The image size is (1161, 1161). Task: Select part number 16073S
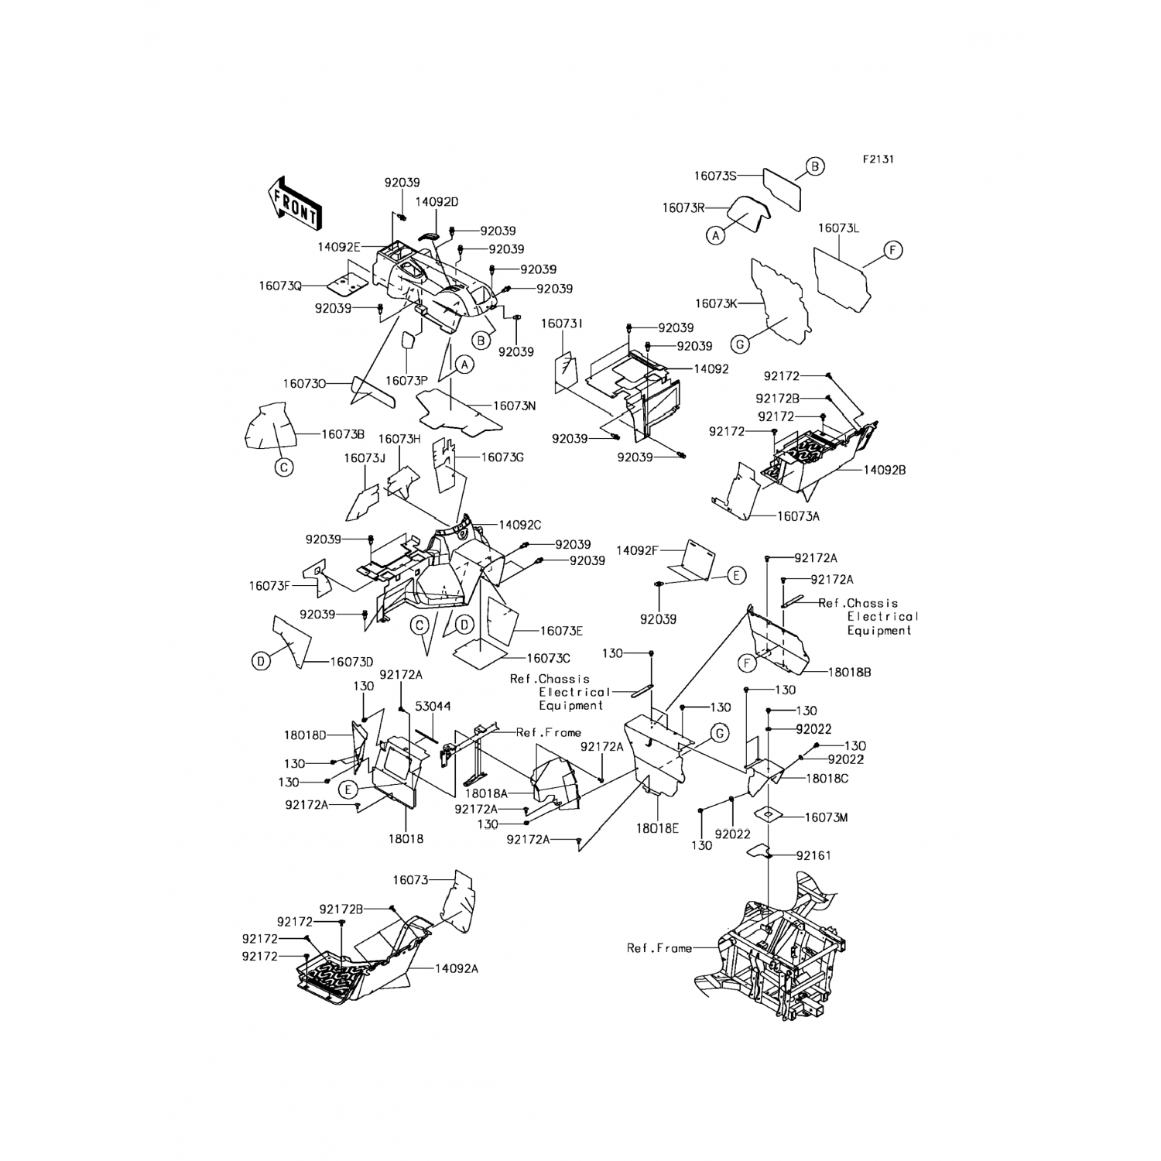point(714,176)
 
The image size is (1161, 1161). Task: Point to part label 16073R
point(683,208)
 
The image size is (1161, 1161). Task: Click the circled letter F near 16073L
point(892,250)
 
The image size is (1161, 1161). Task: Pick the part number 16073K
point(716,304)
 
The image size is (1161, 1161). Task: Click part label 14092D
point(437,201)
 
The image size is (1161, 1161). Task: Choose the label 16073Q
point(280,286)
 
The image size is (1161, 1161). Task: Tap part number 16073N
point(515,406)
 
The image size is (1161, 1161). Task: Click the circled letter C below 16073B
point(285,467)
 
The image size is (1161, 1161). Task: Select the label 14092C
point(520,525)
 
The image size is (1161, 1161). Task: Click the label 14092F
point(637,550)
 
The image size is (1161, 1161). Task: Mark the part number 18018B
point(850,673)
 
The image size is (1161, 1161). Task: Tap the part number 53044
point(433,706)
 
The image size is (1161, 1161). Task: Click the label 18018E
point(658,827)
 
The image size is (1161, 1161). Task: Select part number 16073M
point(827,817)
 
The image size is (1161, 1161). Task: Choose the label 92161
point(814,855)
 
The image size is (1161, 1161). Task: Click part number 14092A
point(457,968)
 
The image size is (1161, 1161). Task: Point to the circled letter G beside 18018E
point(719,733)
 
